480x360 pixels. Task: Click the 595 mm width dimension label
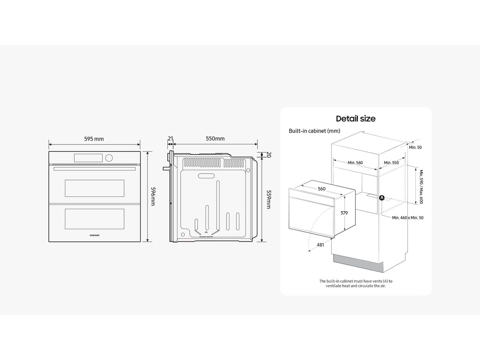[x=94, y=139]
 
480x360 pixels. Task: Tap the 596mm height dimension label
[x=153, y=196]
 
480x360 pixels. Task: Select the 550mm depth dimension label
[x=215, y=139]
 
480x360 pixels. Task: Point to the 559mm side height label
[x=269, y=199]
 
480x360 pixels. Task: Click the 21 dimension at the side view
[x=170, y=139]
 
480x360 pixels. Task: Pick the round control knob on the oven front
[x=109, y=157]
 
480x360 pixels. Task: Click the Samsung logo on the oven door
[x=94, y=235]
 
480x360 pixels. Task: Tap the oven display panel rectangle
[x=88, y=158]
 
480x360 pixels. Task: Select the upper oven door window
[x=94, y=188]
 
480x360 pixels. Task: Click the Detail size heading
[x=355, y=118]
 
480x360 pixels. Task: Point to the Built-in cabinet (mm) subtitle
[x=314, y=131]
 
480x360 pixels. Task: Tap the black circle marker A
[x=382, y=198]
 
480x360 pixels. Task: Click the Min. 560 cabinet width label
[x=355, y=163]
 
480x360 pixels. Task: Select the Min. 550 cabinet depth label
[x=391, y=163]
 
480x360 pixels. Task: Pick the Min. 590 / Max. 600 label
[x=421, y=187]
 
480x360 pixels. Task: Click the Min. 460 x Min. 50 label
[x=408, y=217]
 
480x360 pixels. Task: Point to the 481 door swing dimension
[x=320, y=245]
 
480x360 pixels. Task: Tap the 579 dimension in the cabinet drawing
[x=344, y=213]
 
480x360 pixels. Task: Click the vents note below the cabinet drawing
[x=356, y=283]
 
